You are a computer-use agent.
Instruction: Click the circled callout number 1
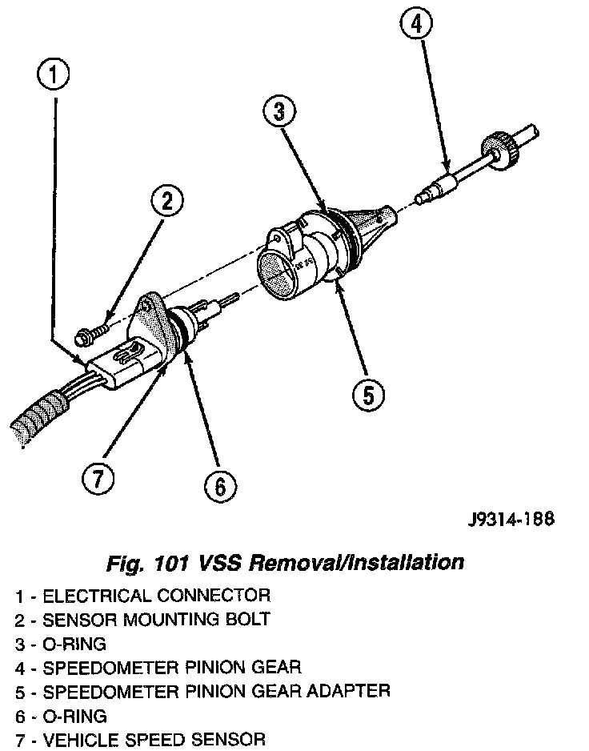54,76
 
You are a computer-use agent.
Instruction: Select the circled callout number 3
278,113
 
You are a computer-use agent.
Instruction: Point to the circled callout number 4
414,26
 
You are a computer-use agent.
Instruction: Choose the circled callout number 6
219,484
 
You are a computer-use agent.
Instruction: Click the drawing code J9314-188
510,518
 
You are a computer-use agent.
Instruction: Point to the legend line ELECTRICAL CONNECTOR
142,596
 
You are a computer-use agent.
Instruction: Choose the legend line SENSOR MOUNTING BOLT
142,620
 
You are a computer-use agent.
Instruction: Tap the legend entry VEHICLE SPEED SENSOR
140,740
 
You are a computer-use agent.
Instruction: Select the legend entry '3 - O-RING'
61,644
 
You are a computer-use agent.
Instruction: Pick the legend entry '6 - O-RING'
61,716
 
